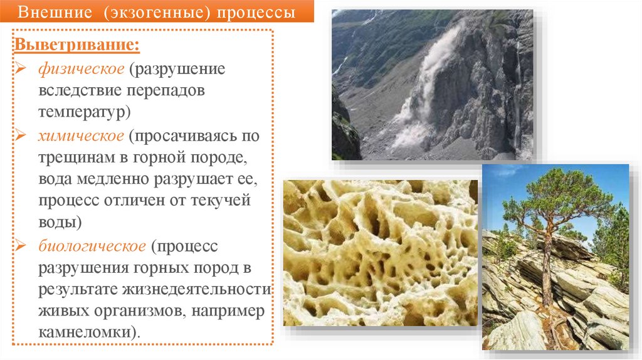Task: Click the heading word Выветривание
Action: tap(78, 46)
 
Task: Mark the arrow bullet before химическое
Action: tap(21, 135)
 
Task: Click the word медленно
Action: tap(114, 180)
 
